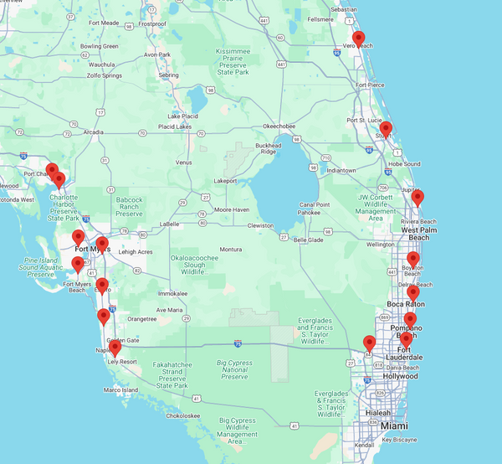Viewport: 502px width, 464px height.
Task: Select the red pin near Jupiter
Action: tap(417, 198)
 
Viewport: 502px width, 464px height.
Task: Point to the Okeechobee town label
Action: tap(279, 126)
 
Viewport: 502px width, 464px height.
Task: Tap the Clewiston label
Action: tap(260, 225)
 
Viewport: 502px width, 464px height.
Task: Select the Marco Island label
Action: tap(120, 390)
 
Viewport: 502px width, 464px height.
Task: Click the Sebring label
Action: tap(169, 75)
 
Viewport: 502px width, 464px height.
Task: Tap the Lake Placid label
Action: tap(182, 116)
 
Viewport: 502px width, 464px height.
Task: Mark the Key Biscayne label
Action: tap(398, 440)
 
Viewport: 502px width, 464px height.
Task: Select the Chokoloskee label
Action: tap(182, 415)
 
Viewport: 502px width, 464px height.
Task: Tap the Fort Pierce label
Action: tap(370, 85)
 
